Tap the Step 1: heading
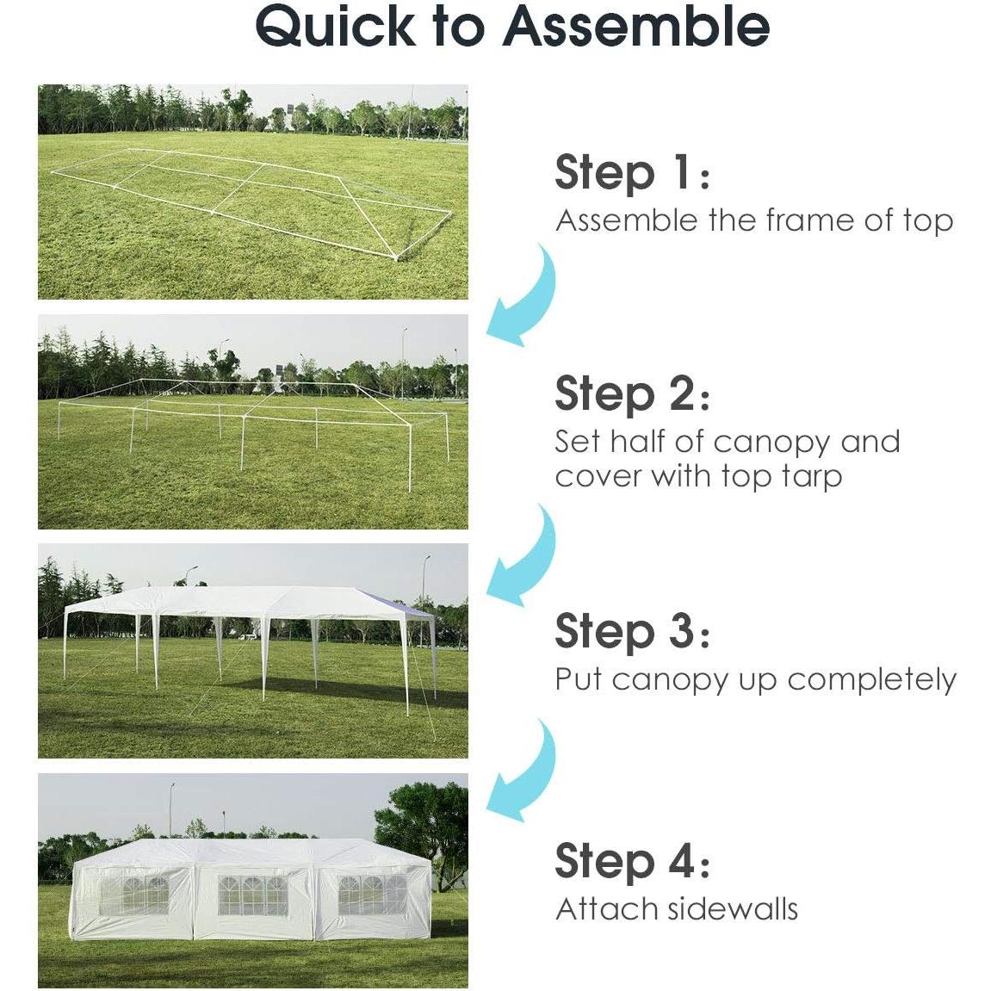(632, 172)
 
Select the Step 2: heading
(632, 393)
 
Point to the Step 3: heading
(632, 631)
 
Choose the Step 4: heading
(632, 861)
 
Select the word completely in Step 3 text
(871, 679)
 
